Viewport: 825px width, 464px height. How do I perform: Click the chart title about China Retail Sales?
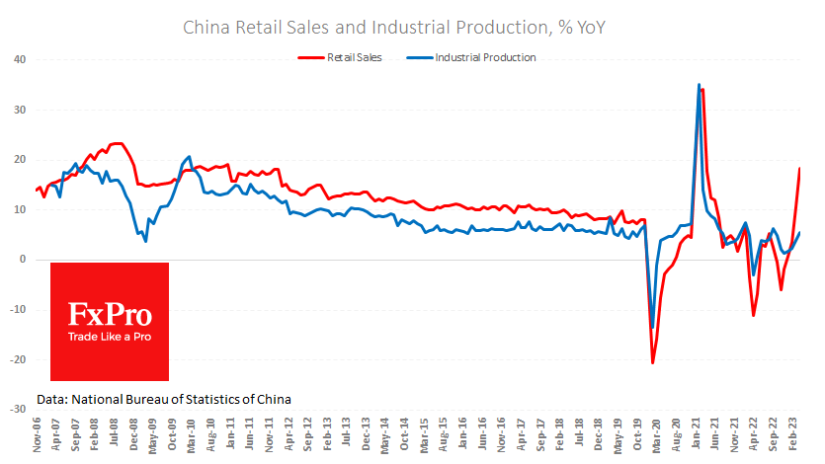point(394,27)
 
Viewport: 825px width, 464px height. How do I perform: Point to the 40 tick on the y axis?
point(20,59)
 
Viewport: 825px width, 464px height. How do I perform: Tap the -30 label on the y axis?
point(18,409)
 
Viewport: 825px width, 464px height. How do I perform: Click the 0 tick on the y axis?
point(23,260)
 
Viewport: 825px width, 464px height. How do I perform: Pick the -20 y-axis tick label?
point(18,359)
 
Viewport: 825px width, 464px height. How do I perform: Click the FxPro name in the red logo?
point(110,316)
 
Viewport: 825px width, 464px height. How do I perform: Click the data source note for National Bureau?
point(164,399)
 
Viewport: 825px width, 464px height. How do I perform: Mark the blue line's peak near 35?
point(699,85)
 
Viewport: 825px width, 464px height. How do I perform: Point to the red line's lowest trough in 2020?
point(653,362)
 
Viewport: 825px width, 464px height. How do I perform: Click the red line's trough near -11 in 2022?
point(754,316)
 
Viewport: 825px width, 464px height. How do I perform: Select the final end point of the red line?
point(799,169)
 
